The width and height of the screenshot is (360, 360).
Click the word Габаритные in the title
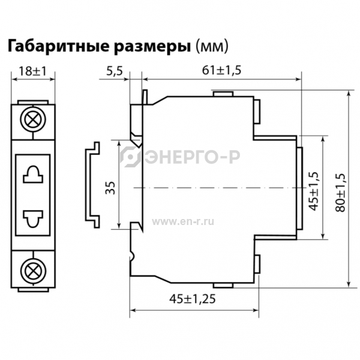click(x=59, y=46)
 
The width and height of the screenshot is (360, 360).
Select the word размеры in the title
click(x=152, y=47)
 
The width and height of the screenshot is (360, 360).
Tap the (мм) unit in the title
click(x=212, y=47)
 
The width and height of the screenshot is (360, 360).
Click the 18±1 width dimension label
click(x=32, y=71)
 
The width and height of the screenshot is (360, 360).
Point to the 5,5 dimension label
click(x=115, y=71)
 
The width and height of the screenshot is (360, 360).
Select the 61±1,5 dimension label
click(x=221, y=70)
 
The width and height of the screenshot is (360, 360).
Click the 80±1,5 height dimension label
click(x=340, y=193)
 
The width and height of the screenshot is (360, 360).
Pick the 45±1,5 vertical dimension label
click(x=314, y=191)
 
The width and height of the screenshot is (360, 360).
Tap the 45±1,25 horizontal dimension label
click(x=193, y=299)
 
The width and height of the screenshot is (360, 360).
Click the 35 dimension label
click(x=110, y=188)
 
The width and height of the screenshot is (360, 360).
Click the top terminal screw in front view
click(x=33, y=119)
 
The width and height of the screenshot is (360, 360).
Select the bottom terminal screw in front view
click(x=33, y=271)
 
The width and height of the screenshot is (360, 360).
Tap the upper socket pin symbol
click(x=33, y=174)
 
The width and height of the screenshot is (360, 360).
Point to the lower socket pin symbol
click(x=33, y=219)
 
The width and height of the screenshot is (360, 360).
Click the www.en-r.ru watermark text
click(x=183, y=222)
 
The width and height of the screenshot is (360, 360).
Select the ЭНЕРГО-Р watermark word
click(x=193, y=157)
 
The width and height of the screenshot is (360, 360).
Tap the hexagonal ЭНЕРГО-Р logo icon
click(x=130, y=157)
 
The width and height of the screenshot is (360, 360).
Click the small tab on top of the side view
click(x=223, y=94)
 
